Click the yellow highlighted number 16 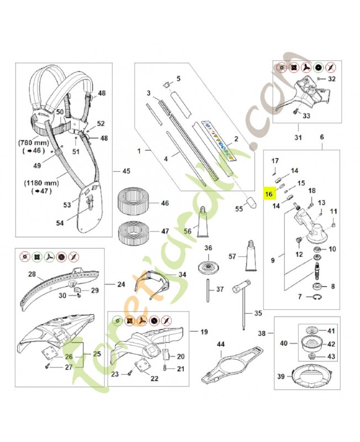click(269, 194)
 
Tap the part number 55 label click(239, 209)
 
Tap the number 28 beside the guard click(31, 274)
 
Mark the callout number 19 click(204, 332)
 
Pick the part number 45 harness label click(125, 171)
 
